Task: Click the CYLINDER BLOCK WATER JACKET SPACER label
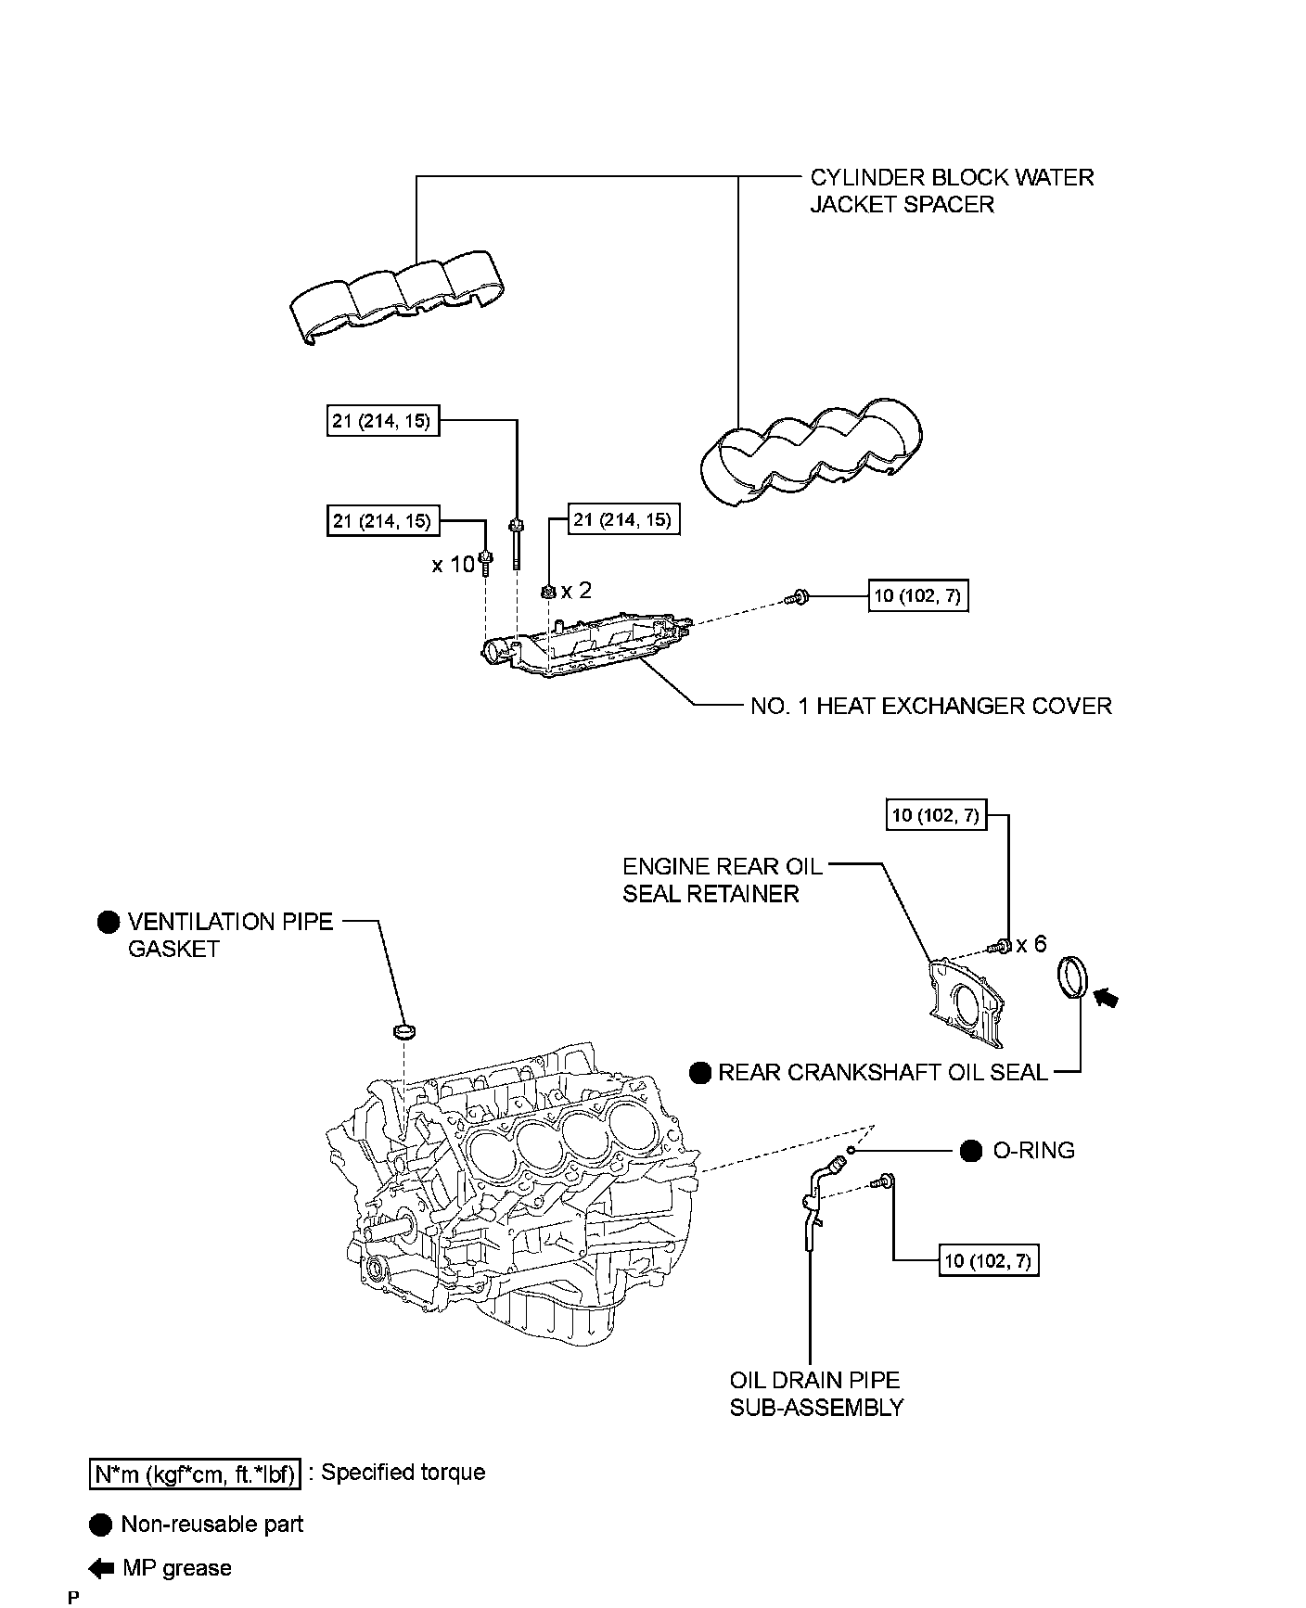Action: (x=951, y=190)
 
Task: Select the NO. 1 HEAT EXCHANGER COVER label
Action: (x=930, y=706)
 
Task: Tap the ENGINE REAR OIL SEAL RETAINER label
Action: (x=722, y=879)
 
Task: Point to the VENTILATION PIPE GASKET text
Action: (x=229, y=935)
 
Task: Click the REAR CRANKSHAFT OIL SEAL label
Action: (x=882, y=1072)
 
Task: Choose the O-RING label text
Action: (x=1033, y=1150)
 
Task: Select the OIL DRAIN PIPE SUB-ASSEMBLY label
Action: (x=815, y=1393)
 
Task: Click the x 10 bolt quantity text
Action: (x=453, y=564)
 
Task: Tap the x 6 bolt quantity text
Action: (x=1031, y=944)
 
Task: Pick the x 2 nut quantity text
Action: (x=576, y=590)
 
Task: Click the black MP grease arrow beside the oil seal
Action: (x=1106, y=997)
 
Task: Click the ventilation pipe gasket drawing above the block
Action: (x=404, y=1030)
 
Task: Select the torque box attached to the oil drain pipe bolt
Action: (x=988, y=1260)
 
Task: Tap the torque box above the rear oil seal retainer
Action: (x=935, y=816)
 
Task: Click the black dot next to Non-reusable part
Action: (x=101, y=1525)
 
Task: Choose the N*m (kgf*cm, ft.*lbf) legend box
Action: (x=195, y=1474)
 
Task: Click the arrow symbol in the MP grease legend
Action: (x=101, y=1568)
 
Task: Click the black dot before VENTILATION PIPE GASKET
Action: (x=109, y=921)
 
